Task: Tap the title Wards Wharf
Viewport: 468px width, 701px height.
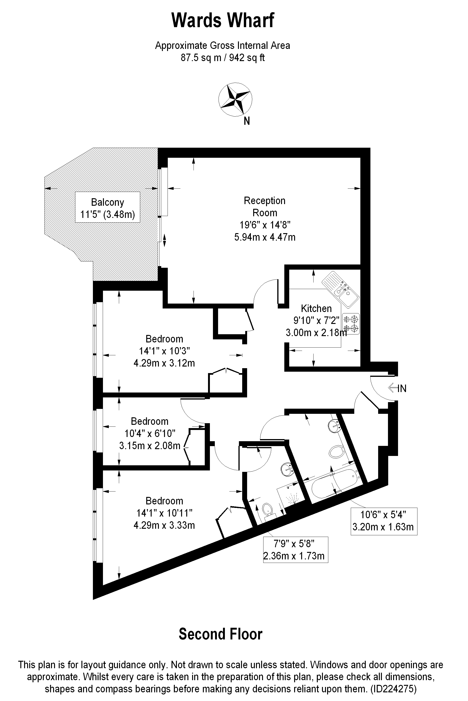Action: [x=223, y=20]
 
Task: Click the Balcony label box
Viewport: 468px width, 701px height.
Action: [x=107, y=207]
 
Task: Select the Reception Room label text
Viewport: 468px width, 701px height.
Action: [x=265, y=207]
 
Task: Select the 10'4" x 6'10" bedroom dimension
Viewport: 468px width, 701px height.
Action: [x=150, y=433]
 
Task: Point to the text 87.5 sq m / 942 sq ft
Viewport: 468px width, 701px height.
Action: [x=223, y=57]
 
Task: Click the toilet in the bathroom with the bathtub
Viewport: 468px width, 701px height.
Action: [x=337, y=452]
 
